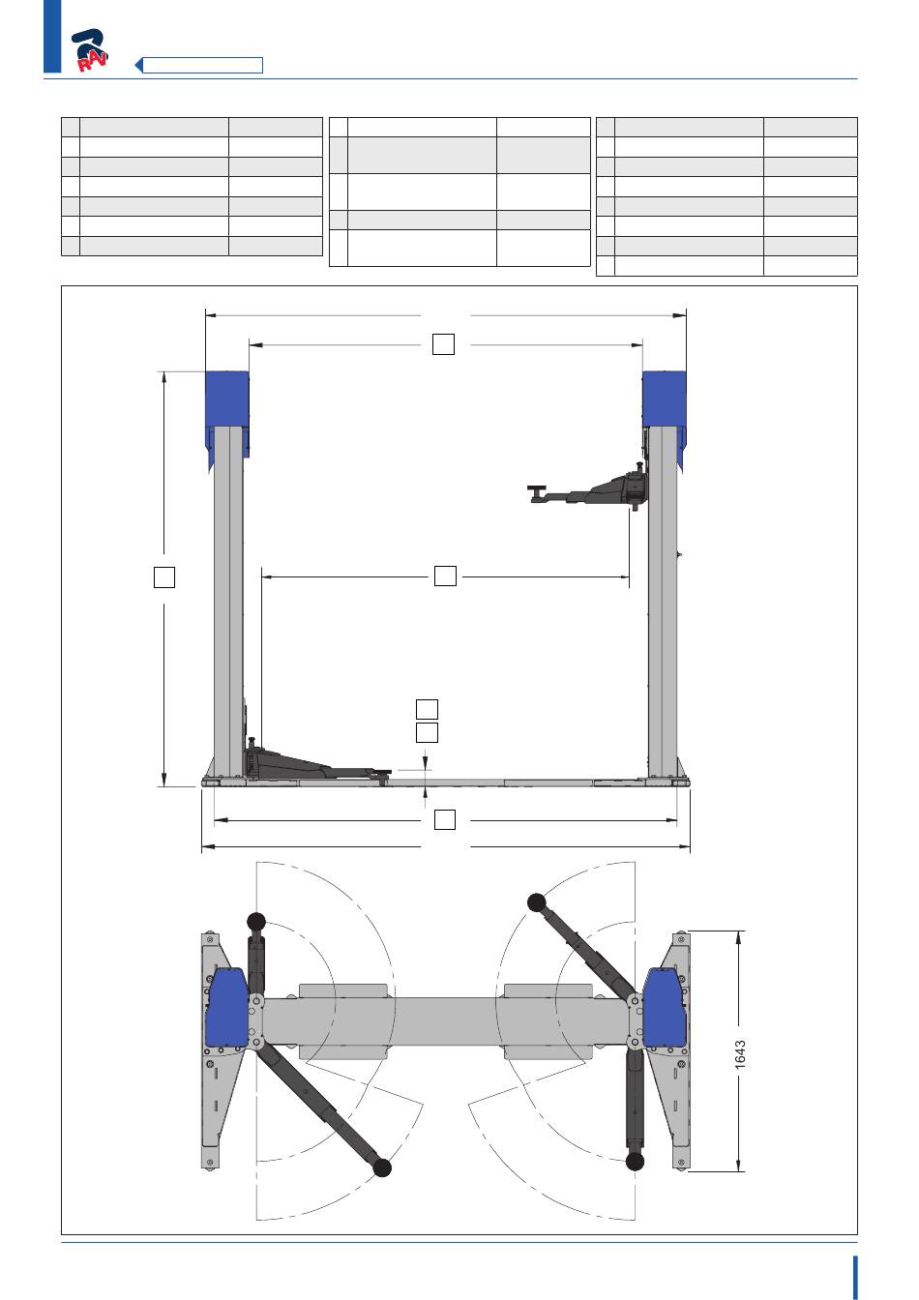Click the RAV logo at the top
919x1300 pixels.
coord(90,50)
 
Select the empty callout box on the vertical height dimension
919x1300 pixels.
coord(164,577)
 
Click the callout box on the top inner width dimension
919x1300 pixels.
coord(443,343)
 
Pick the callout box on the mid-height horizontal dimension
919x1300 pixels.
coord(445,576)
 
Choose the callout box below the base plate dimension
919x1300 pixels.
coord(445,819)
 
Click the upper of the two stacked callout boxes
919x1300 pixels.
coord(428,709)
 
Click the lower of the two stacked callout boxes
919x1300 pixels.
coord(428,732)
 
